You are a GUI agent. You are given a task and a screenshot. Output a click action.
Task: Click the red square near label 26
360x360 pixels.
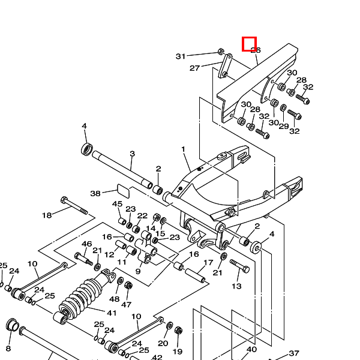(249, 44)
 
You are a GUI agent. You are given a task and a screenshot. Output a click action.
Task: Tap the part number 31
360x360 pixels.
(181, 56)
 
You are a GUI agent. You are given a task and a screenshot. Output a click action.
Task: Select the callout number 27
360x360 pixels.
(194, 68)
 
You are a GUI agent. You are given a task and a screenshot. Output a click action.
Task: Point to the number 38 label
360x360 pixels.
(95, 193)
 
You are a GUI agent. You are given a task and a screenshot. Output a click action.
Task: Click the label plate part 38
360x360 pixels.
(122, 191)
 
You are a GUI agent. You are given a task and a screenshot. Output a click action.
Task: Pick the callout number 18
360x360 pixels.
(47, 215)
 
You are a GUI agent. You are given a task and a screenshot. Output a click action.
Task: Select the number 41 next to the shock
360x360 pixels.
(112, 313)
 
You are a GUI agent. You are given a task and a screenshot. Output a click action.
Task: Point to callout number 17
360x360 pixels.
(208, 263)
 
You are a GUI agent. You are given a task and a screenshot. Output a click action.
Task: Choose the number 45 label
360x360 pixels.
(118, 204)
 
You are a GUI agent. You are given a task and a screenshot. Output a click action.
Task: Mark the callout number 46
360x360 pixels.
(87, 244)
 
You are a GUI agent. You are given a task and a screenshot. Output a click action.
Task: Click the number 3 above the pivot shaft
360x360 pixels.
(132, 154)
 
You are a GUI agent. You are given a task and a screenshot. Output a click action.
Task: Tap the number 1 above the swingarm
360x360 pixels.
(184, 149)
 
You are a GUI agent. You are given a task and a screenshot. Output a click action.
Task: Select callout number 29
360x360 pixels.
(284, 126)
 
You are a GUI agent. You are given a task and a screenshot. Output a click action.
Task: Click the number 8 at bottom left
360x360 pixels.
(8, 348)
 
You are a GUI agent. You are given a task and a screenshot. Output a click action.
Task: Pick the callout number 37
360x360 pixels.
(294, 353)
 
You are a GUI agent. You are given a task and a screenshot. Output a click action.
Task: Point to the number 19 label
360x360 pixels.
(178, 352)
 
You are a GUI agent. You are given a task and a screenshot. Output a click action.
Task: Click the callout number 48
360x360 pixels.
(115, 299)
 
